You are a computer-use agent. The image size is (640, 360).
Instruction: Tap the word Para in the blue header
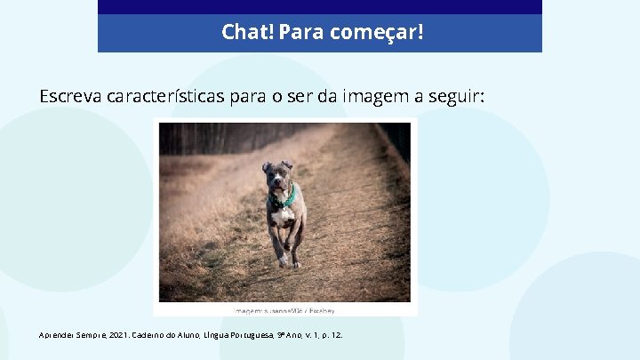click(x=300, y=33)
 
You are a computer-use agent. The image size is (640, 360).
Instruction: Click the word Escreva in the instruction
click(x=70, y=96)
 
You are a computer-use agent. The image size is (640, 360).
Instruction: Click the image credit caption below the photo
click(x=284, y=311)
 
